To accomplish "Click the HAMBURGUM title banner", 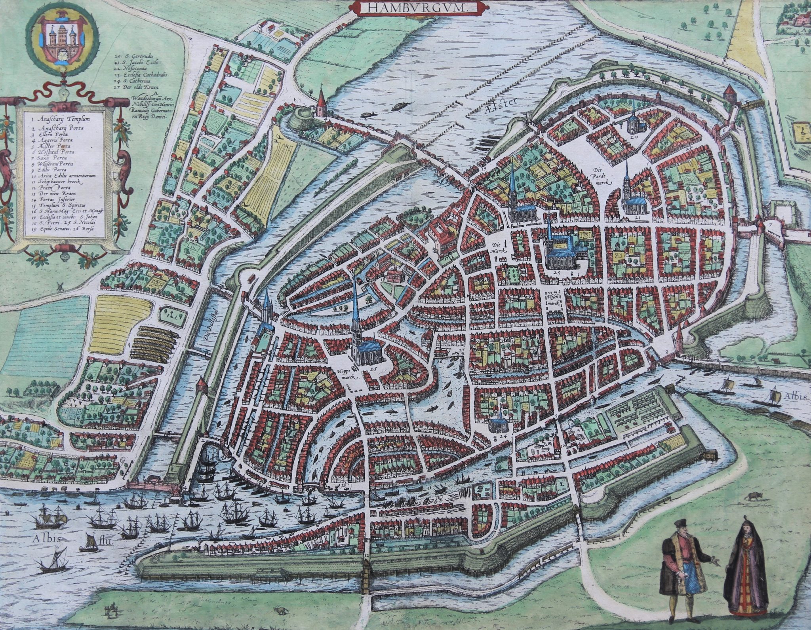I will point(406,7).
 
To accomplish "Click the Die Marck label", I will point(497,249).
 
